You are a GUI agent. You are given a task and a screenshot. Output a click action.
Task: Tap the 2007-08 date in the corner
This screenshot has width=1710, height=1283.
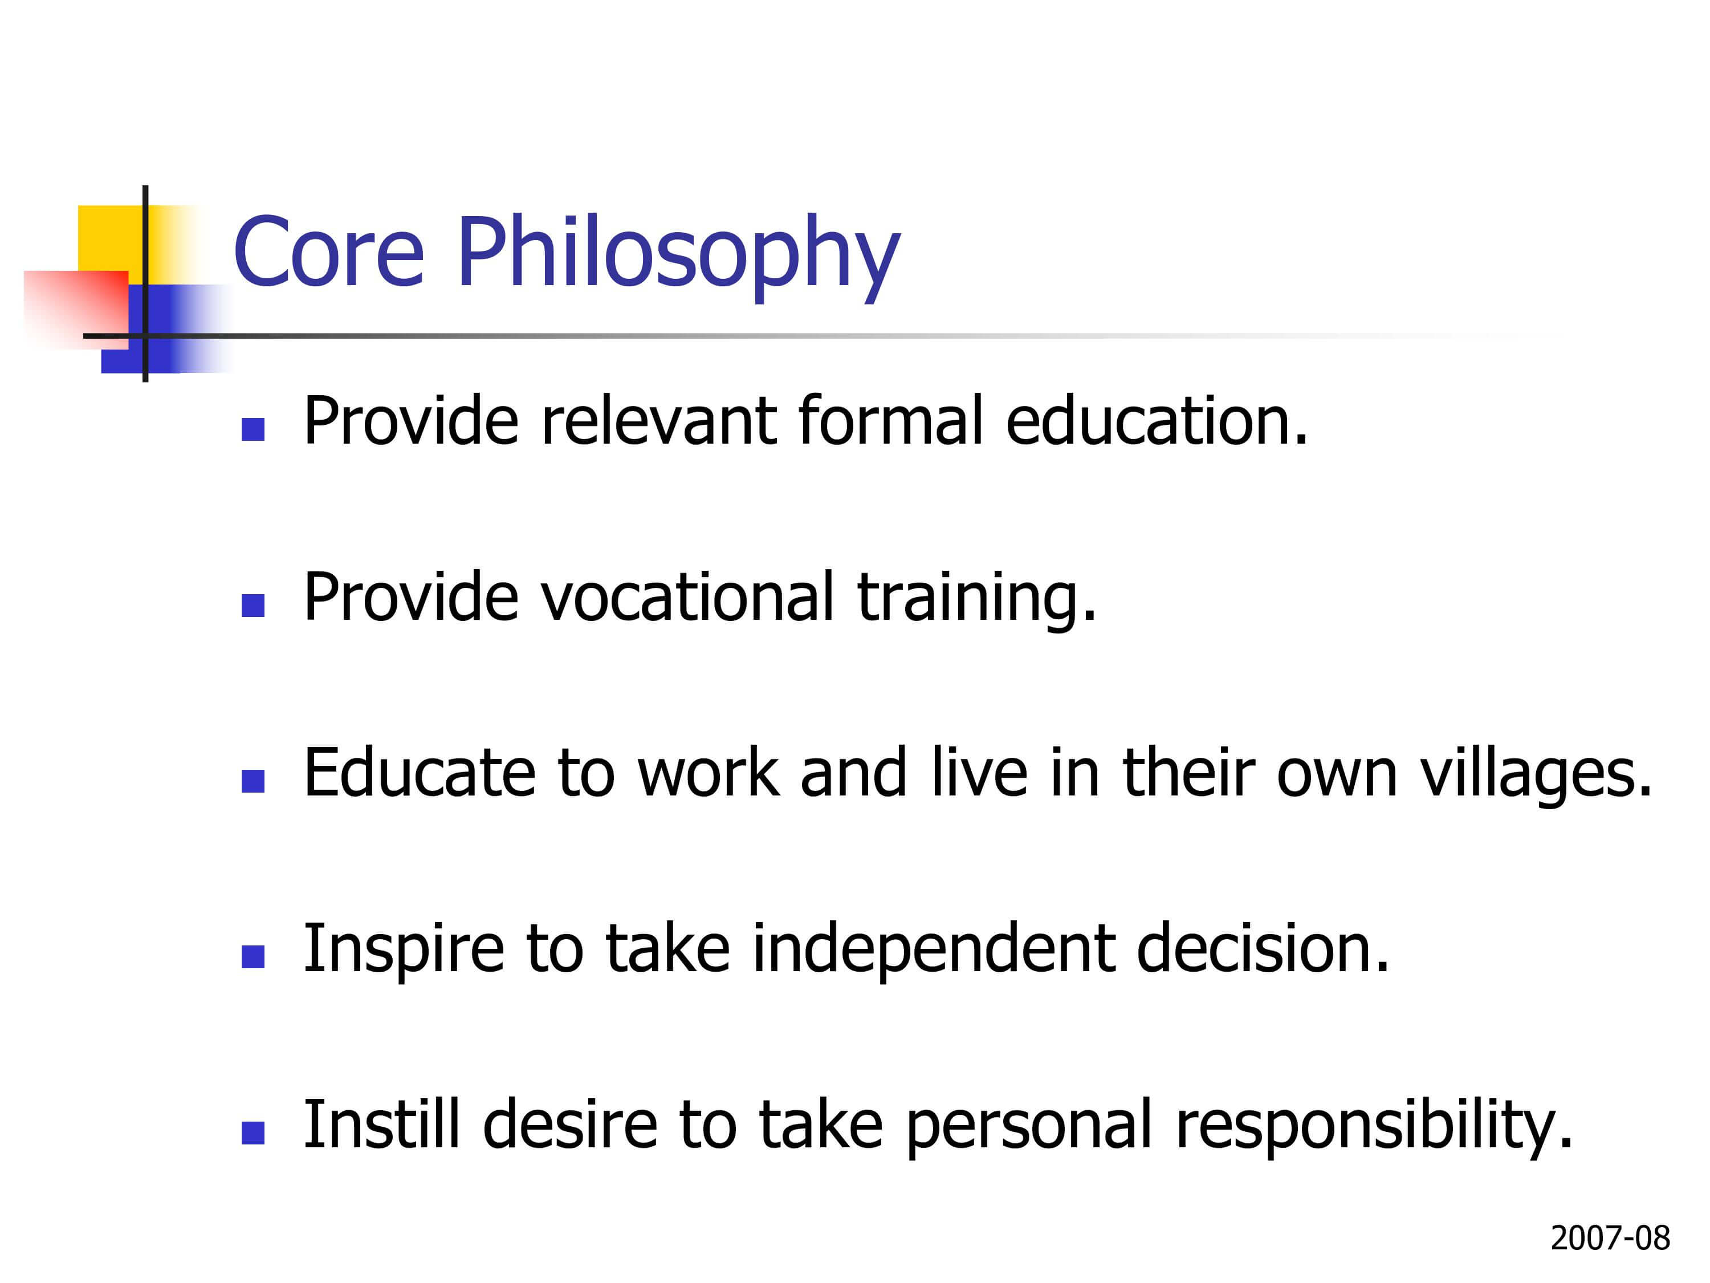[x=1610, y=1238]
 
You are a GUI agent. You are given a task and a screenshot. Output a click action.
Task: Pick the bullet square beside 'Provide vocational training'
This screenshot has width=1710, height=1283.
[x=253, y=605]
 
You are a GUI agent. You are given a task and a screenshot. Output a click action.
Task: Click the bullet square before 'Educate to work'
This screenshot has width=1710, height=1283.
[x=253, y=781]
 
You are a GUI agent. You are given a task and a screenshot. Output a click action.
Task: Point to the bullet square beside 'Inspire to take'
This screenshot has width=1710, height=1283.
[x=253, y=957]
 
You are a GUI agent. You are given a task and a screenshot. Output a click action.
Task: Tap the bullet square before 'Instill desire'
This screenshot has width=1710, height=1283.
[x=253, y=1132]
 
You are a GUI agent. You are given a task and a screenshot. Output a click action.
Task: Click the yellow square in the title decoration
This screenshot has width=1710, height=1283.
[x=111, y=237]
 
